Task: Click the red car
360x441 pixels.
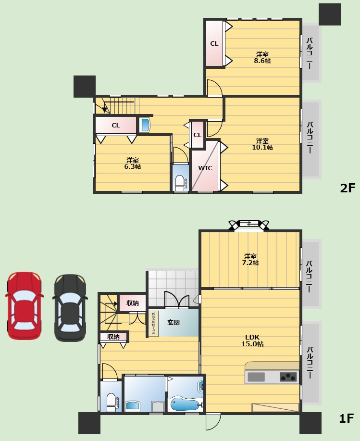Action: [x=24, y=306]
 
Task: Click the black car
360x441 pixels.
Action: [x=70, y=308]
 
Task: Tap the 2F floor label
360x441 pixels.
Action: [x=348, y=188]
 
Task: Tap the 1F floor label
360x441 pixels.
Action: [x=346, y=418]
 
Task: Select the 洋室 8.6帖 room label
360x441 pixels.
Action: [x=262, y=57]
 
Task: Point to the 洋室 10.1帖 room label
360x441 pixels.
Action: [x=262, y=144]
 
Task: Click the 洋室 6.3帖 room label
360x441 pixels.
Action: [x=132, y=164]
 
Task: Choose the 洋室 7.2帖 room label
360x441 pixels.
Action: [x=250, y=260]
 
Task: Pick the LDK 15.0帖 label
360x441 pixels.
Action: [x=252, y=340]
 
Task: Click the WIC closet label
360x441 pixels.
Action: [x=205, y=168]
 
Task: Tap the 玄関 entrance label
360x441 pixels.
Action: [x=173, y=322]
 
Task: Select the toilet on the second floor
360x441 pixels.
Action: [x=180, y=183]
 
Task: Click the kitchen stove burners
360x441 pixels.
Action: [x=288, y=377]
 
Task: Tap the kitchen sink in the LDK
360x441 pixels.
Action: [x=256, y=377]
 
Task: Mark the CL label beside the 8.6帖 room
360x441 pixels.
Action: [x=214, y=44]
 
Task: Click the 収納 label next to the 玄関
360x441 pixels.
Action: [x=132, y=303]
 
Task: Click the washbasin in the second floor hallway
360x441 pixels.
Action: [x=145, y=125]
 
